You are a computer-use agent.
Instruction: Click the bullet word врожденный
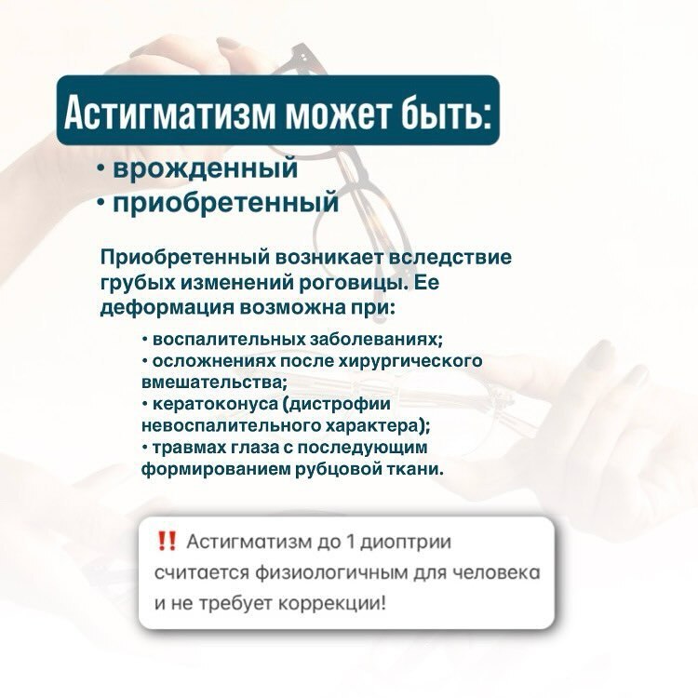(x=206, y=168)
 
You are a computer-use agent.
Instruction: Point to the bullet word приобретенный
(x=226, y=203)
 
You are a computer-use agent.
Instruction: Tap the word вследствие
(x=450, y=257)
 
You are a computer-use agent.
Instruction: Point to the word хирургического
(x=410, y=361)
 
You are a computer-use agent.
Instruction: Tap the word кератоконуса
(x=216, y=404)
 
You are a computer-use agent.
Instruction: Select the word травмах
(x=189, y=448)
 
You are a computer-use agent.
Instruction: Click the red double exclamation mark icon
(x=167, y=542)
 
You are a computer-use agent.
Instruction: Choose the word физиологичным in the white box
(x=331, y=573)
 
